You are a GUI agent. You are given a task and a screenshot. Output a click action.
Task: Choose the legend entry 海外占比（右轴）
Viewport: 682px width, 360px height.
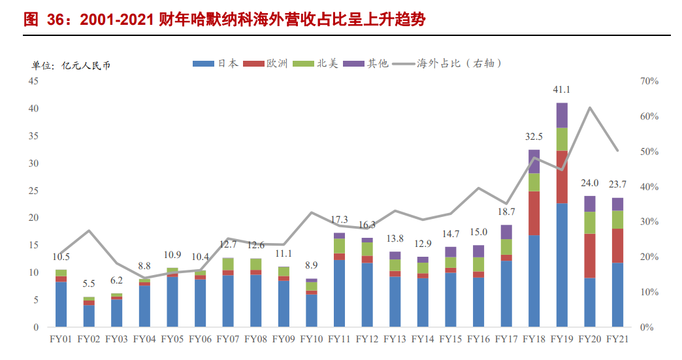click(x=451, y=63)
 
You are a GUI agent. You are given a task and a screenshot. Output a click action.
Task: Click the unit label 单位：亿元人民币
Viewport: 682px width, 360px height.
click(x=71, y=65)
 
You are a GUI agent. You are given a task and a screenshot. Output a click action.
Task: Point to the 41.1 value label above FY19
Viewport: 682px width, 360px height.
click(x=562, y=90)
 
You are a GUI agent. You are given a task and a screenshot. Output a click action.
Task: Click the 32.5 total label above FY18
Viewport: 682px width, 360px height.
click(x=534, y=137)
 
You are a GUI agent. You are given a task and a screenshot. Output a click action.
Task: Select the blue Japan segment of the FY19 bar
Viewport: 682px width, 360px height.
click(x=562, y=265)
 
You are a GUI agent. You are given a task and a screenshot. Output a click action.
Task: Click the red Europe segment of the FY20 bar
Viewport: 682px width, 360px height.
click(x=590, y=255)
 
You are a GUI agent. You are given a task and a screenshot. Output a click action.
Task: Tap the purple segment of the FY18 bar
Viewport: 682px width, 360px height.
click(x=534, y=161)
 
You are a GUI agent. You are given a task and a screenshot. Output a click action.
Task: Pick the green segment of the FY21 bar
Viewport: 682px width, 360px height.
click(x=617, y=220)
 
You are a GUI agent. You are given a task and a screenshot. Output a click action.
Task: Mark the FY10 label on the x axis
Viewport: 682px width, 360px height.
click(x=311, y=339)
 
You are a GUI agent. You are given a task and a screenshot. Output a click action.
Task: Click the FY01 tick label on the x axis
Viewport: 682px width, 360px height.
click(x=61, y=339)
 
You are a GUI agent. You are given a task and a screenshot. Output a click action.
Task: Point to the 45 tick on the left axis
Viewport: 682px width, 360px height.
click(x=33, y=81)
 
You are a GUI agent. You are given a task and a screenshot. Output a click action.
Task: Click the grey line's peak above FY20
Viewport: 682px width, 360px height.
click(x=590, y=108)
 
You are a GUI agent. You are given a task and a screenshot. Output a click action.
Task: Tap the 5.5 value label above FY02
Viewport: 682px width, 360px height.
click(x=89, y=284)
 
